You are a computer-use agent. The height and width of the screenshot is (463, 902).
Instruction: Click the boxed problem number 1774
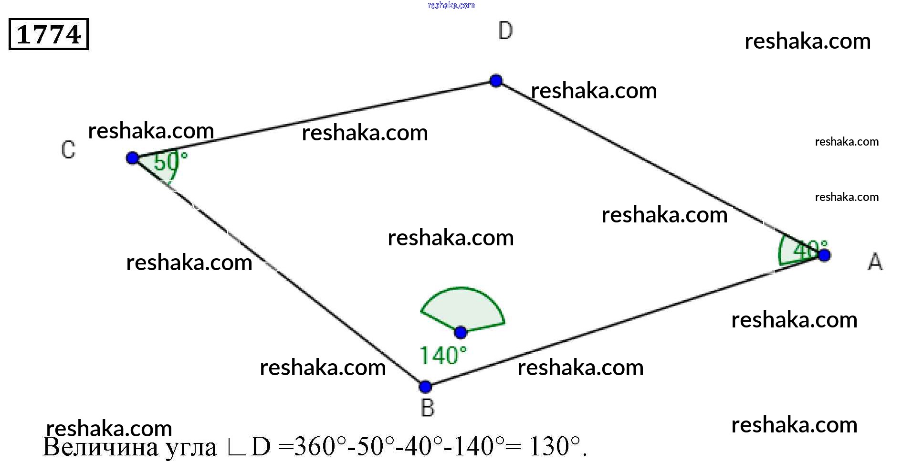(x=49, y=34)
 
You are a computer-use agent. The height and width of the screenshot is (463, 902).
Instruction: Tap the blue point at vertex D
(x=496, y=80)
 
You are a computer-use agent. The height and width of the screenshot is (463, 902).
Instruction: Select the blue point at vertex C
(x=132, y=158)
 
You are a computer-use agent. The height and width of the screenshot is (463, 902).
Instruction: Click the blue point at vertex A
(x=824, y=255)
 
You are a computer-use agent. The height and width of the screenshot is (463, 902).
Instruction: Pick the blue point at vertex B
(x=425, y=386)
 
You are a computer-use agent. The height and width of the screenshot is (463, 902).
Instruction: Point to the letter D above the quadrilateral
(x=505, y=31)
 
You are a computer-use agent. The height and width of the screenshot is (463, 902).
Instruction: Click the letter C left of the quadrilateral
(x=68, y=150)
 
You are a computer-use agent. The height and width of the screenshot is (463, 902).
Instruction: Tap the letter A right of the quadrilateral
(x=875, y=262)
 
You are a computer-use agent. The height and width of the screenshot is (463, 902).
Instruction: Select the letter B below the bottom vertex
(x=428, y=408)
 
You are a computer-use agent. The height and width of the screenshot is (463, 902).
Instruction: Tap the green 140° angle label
(x=442, y=356)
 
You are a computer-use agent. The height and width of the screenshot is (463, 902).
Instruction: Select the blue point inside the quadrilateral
(x=461, y=332)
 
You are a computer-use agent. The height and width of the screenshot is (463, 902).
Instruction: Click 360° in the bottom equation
(x=319, y=447)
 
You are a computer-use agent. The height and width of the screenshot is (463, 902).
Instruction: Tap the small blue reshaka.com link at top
(x=451, y=6)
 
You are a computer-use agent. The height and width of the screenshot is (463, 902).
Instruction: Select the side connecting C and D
(x=314, y=119)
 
